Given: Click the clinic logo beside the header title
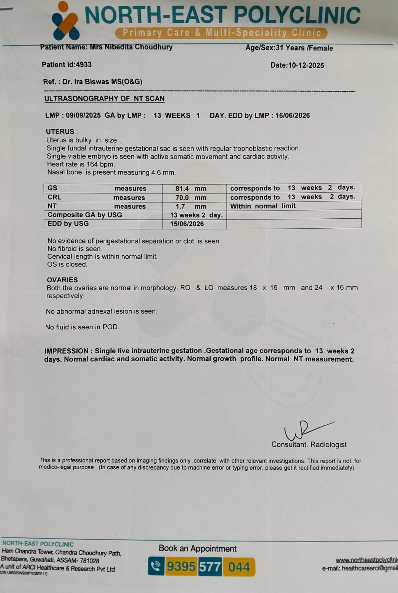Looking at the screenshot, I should [x=65, y=21].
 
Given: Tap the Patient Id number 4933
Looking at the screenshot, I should [x=83, y=64].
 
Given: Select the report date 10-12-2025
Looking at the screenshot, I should [x=306, y=65].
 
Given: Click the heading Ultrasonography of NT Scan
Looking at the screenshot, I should [x=104, y=99].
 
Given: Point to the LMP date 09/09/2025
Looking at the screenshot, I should [x=83, y=115].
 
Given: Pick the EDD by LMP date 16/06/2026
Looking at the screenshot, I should [x=292, y=115].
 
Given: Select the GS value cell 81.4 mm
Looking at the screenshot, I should [x=191, y=188].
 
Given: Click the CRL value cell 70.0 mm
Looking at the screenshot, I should [x=191, y=198].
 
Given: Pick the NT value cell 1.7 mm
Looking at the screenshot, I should [x=191, y=206].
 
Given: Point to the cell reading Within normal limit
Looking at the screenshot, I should [x=263, y=206].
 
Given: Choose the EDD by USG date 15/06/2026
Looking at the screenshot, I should [x=187, y=224].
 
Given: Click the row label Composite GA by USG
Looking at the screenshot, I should [x=85, y=215].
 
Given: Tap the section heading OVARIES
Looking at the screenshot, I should [x=62, y=280].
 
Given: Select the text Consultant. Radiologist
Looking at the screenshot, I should [x=309, y=444].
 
